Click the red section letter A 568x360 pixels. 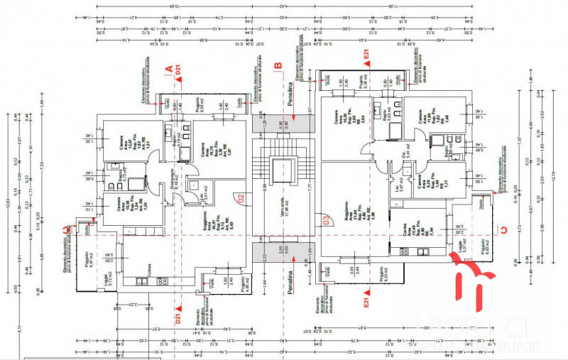tap(169, 70)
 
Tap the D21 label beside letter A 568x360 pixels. tap(179, 69)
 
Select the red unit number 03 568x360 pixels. tap(325, 219)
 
